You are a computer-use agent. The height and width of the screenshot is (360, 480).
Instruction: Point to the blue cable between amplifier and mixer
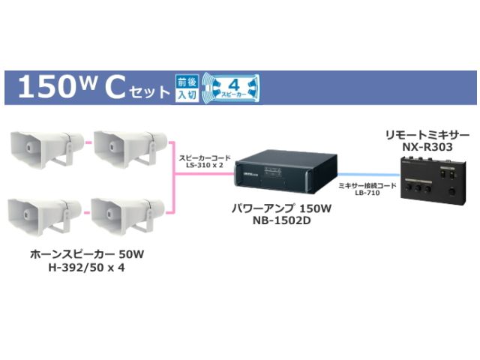(367, 181)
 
